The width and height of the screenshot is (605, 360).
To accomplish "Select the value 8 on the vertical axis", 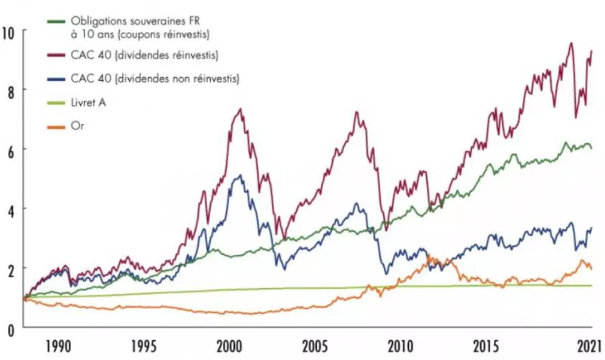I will pos(10,89).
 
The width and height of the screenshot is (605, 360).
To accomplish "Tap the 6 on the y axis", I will pos(10,149).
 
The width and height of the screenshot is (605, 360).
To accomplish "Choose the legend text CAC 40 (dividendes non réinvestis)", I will pos(155,78).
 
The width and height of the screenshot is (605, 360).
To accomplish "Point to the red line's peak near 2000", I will pos(241,109).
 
